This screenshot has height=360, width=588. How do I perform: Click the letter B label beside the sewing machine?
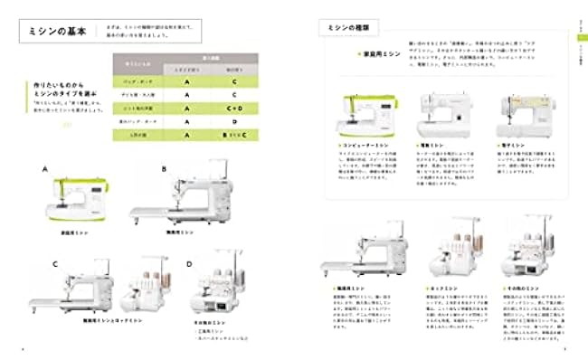tap(164, 168)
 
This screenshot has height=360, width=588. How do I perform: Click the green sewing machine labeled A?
tap(78, 200)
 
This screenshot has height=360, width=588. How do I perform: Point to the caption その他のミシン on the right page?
tap(520, 288)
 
